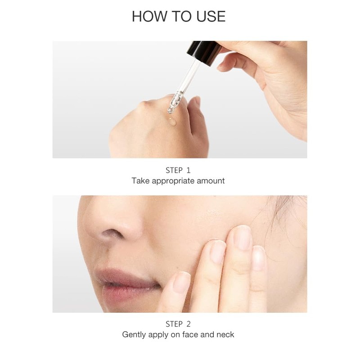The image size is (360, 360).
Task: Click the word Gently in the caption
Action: [135, 335]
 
